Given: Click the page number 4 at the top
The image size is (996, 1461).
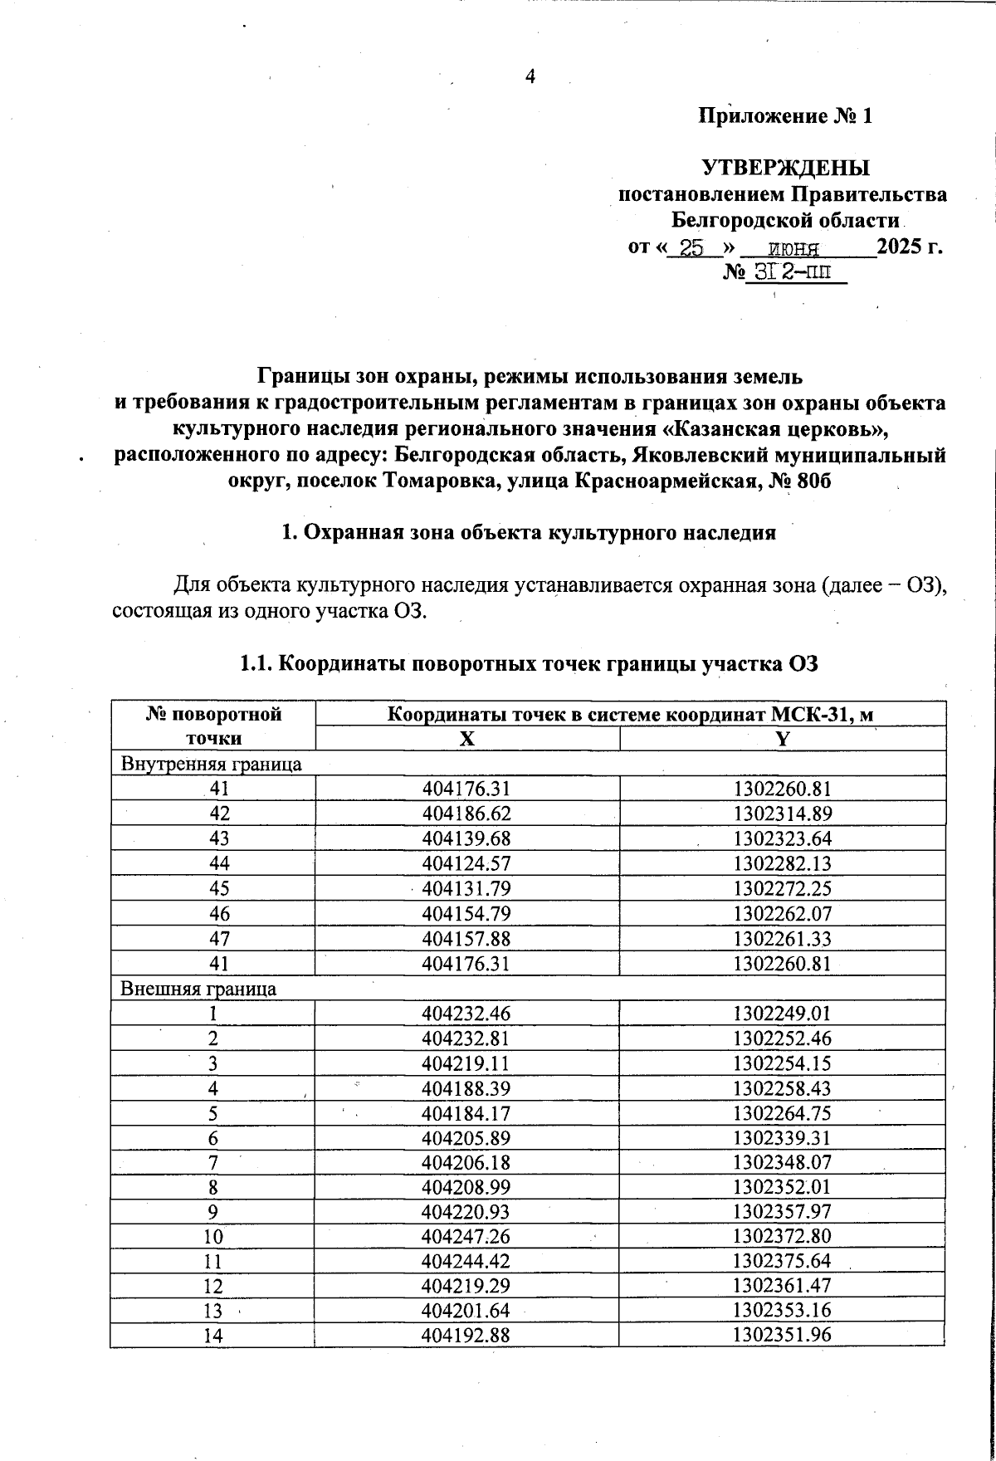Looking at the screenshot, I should coord(530,76).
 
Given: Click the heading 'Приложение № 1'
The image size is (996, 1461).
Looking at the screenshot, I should coord(784,116).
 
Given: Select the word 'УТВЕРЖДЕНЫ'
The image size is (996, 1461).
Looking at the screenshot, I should coord(786,168).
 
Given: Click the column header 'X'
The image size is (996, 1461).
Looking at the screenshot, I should coord(467,739).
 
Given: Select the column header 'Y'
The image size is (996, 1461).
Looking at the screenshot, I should coord(782,739).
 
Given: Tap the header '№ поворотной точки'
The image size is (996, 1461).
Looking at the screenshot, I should coord(213,726).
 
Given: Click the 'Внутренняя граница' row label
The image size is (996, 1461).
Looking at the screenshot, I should coord(212,764).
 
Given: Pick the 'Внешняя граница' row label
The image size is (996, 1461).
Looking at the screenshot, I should coord(199,989).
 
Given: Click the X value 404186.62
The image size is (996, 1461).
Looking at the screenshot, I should coord(466,814).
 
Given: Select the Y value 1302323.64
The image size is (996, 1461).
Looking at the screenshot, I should coord(782,838).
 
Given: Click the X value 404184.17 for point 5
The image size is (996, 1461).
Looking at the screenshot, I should coord(466,1112).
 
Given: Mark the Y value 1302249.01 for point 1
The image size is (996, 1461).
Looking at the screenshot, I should coord(782,1014).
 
